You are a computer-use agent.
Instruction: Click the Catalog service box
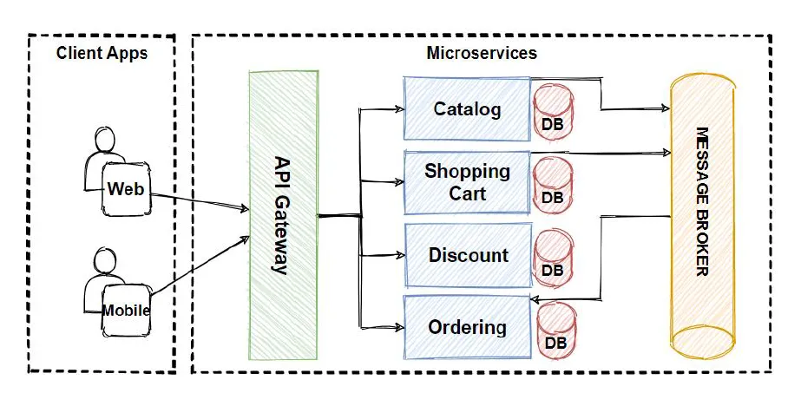tap(467, 109)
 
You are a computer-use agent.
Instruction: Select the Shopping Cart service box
tap(467, 182)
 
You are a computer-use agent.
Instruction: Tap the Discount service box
tap(468, 256)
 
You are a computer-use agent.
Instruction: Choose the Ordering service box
tap(467, 328)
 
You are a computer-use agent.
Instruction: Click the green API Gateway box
tap(282, 215)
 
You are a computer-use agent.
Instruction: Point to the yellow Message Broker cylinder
tap(702, 215)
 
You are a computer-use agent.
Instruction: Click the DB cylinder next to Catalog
tap(552, 111)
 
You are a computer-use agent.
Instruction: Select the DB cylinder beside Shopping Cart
tap(553, 184)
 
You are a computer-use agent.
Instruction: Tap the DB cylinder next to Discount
tap(553, 257)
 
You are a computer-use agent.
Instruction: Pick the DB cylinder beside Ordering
tap(556, 330)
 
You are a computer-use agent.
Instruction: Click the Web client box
tap(126, 188)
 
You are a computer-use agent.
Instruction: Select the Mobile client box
tap(126, 310)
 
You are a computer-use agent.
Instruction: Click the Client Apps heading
tap(102, 53)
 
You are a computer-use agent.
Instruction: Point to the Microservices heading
tap(482, 53)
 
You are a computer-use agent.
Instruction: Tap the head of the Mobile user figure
tap(103, 260)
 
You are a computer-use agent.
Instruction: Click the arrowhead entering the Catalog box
tap(400, 109)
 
